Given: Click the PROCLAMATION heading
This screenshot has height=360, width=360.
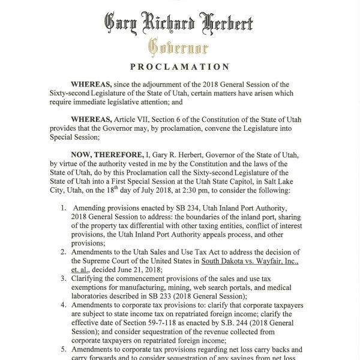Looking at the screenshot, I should [179, 67].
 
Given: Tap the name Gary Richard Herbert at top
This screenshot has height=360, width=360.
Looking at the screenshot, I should [179, 23].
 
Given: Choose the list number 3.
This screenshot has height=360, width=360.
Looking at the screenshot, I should [64, 278].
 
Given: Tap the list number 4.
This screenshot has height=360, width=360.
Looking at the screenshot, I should [64, 304].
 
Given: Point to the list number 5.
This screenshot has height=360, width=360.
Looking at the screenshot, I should [64, 349].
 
